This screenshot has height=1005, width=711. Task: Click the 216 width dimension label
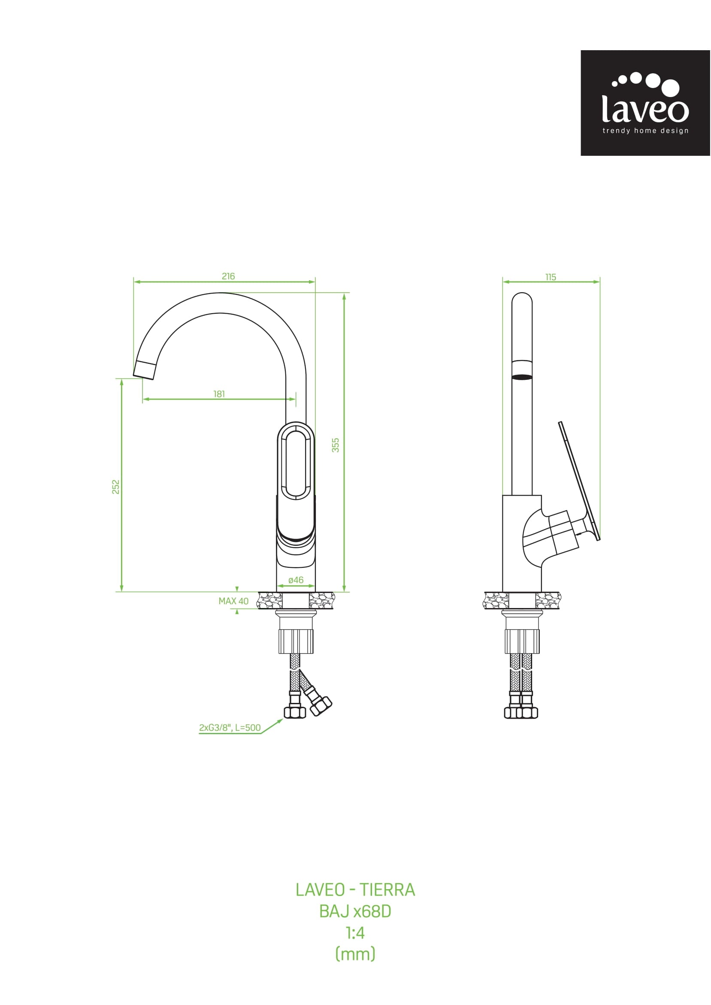click(228, 276)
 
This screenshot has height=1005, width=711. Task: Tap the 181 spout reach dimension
click(219, 394)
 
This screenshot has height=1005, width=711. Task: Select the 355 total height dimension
click(336, 445)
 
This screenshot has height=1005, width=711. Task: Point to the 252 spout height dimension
click(115, 487)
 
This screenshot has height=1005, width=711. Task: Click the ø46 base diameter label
click(296, 580)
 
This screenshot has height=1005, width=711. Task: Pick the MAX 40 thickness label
click(233, 601)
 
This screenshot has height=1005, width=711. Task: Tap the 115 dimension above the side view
click(551, 277)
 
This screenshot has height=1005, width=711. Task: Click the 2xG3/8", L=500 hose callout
click(230, 727)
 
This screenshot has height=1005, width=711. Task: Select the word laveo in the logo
click(645, 109)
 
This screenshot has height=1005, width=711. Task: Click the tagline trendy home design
click(645, 130)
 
